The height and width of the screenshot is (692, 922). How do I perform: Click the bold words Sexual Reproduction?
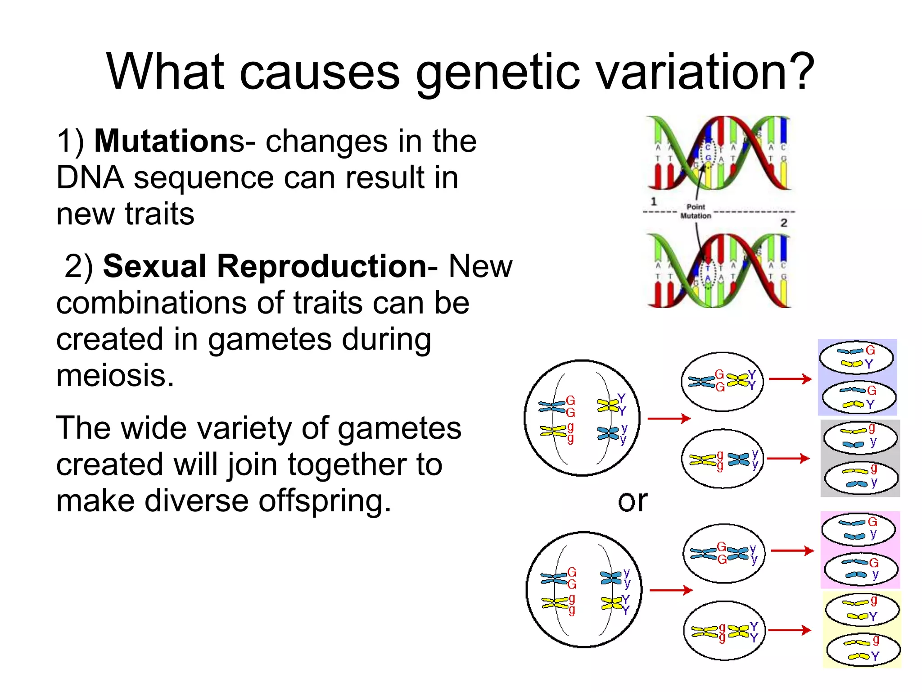pyautogui.click(x=265, y=266)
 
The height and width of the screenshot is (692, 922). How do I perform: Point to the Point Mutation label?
pyautogui.click(x=696, y=211)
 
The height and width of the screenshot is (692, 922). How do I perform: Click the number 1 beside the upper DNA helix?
pyautogui.click(x=654, y=201)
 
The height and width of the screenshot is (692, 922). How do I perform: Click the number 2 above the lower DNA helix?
pyautogui.click(x=784, y=223)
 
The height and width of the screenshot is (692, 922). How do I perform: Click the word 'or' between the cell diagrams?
pyautogui.click(x=633, y=501)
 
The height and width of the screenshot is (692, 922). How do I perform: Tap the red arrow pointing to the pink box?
pyautogui.click(x=792, y=551)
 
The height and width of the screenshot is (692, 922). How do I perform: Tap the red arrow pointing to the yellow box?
pyautogui.click(x=790, y=630)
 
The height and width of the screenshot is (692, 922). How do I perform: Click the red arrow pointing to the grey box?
pyautogui.click(x=788, y=459)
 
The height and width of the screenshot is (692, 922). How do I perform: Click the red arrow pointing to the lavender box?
pyautogui.click(x=790, y=379)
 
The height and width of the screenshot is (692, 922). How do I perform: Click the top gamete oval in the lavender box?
pyautogui.click(x=856, y=358)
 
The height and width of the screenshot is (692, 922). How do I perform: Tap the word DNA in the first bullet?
pyautogui.click(x=90, y=178)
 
